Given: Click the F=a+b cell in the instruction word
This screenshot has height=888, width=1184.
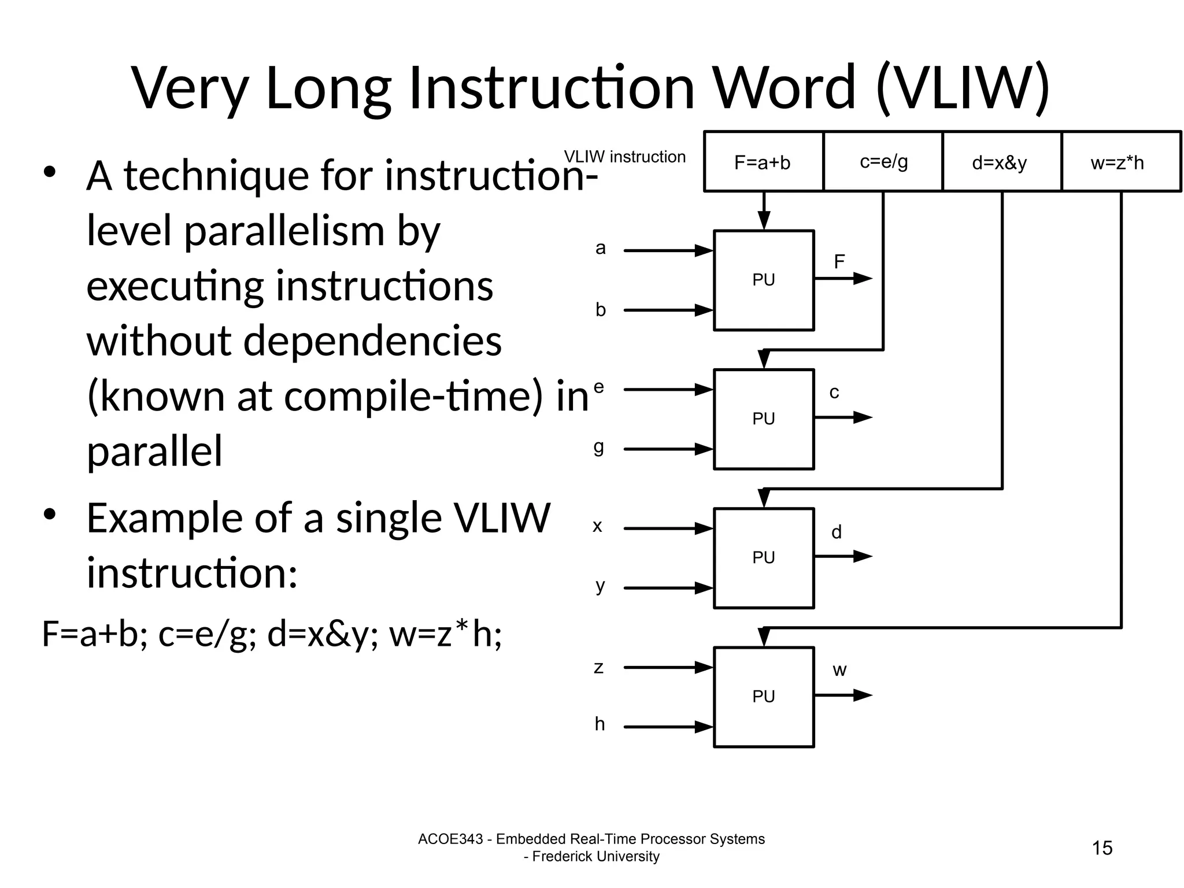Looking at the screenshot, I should pyautogui.click(x=763, y=162).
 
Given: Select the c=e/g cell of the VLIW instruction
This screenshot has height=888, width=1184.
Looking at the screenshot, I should pyautogui.click(x=883, y=161).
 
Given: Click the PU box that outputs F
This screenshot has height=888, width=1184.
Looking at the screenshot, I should pyautogui.click(x=764, y=280).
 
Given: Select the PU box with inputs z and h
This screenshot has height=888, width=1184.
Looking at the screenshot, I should pyautogui.click(x=764, y=697).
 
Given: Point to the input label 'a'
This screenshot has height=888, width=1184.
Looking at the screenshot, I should pyautogui.click(x=601, y=249).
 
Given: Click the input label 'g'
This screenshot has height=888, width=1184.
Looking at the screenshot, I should pyautogui.click(x=599, y=447).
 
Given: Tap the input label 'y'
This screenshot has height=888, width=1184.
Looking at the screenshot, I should pyautogui.click(x=600, y=586).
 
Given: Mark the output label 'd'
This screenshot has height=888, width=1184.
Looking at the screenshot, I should pyautogui.click(x=837, y=532).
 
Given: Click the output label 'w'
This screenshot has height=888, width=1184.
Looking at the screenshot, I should pyautogui.click(x=839, y=671).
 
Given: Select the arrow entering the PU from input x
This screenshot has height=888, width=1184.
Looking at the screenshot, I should pyautogui.click(x=668, y=528).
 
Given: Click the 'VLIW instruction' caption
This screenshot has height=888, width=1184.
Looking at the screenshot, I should pyautogui.click(x=624, y=157).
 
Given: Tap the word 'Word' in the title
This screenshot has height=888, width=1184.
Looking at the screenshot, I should pyautogui.click(x=783, y=88).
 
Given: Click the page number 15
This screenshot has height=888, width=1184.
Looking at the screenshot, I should pyautogui.click(x=1102, y=848).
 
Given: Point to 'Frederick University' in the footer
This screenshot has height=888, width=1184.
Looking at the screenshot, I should pyautogui.click(x=595, y=856).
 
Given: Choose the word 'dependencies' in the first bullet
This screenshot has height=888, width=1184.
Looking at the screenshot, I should pyautogui.click(x=372, y=341).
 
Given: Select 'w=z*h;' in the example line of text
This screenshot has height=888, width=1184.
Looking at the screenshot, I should pyautogui.click(x=445, y=634).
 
